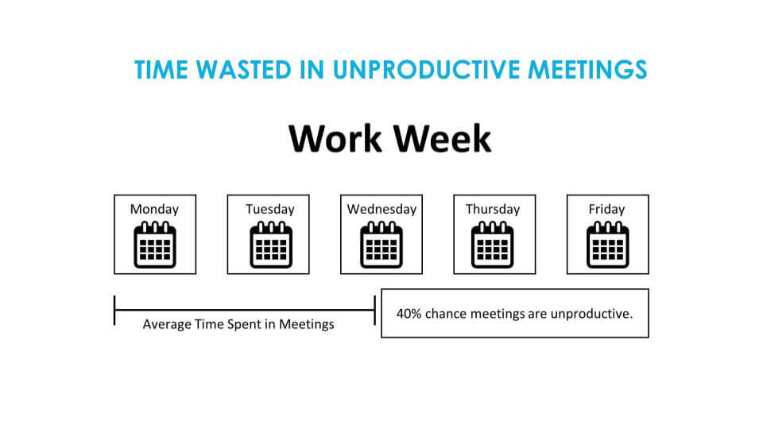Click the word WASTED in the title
pyautogui.click(x=244, y=70)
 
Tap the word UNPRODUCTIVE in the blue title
pyautogui.click(x=426, y=70)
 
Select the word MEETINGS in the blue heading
pyautogui.click(x=588, y=70)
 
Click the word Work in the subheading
pyautogui.click(x=335, y=138)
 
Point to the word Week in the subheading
pyautogui.click(x=443, y=138)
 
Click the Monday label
pyautogui.click(x=154, y=209)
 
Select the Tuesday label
pyautogui.click(x=270, y=209)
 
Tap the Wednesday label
pyautogui.click(x=381, y=209)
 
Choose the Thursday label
pyautogui.click(x=493, y=209)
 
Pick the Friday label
pyautogui.click(x=606, y=209)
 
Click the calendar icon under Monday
pyautogui.click(x=155, y=245)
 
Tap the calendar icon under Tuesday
pyautogui.click(x=271, y=245)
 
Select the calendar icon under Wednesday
pyautogui.click(x=381, y=245)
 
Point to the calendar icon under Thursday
pyautogui.click(x=493, y=245)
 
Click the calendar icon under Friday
pyautogui.click(x=608, y=245)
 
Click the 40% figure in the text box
pyautogui.click(x=409, y=314)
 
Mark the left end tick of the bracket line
pyautogui.click(x=114, y=310)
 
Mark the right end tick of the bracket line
pyautogui.click(x=374, y=310)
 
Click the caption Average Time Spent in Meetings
pyautogui.click(x=238, y=324)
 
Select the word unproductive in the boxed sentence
pyautogui.click(x=591, y=315)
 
